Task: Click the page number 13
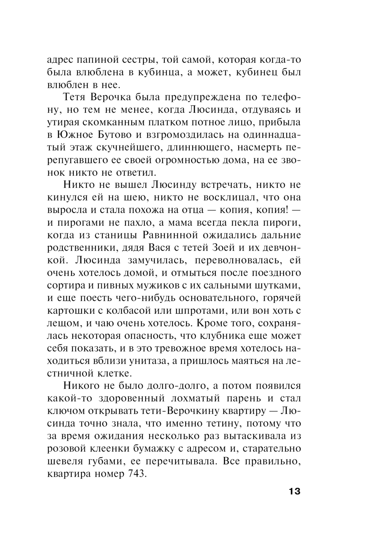point(294,491)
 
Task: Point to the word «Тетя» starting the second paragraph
point(76,97)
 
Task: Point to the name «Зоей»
point(224,248)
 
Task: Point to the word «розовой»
point(66,448)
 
